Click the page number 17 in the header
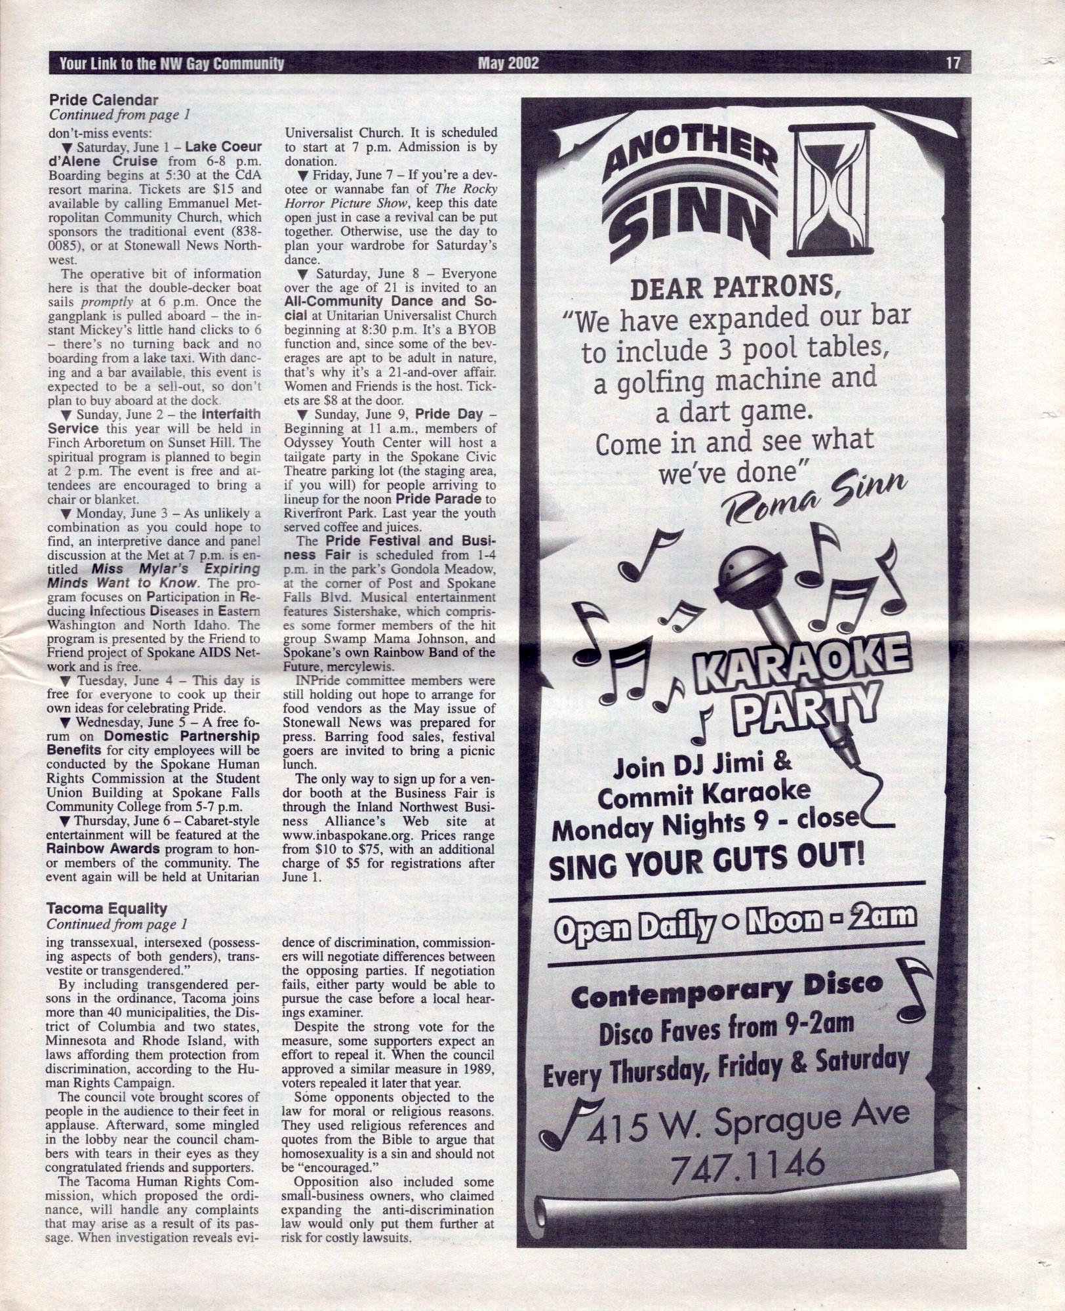click(x=953, y=63)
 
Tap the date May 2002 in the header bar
click(x=508, y=63)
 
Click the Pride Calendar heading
click(x=104, y=100)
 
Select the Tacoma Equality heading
click(x=106, y=909)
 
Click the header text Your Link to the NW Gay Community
click(x=172, y=64)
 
